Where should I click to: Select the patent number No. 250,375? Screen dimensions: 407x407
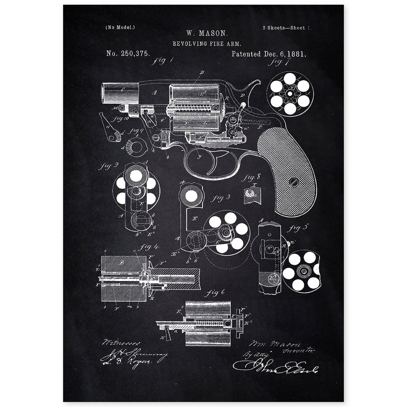[x=128, y=54]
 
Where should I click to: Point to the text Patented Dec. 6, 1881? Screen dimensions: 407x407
[x=268, y=54]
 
